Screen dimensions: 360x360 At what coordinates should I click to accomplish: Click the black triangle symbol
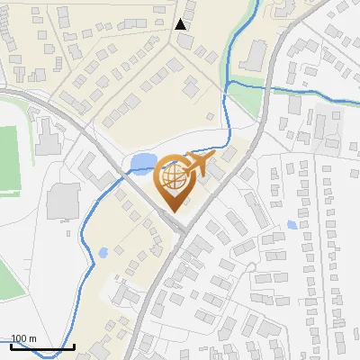pos(181,24)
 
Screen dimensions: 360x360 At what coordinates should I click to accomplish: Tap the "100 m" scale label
pos(24,338)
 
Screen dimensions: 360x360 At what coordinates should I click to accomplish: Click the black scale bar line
pos(42,346)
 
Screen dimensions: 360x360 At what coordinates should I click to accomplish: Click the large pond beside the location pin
pos(142,163)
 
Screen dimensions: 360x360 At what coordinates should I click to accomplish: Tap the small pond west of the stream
pos(103,252)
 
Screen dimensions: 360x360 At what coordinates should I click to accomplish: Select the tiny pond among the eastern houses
pos(292,225)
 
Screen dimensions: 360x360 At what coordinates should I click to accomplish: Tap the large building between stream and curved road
pos(253,55)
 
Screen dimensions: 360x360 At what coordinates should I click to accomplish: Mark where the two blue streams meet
pos(229,83)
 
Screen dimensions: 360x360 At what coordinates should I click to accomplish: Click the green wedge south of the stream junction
pos(245,99)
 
